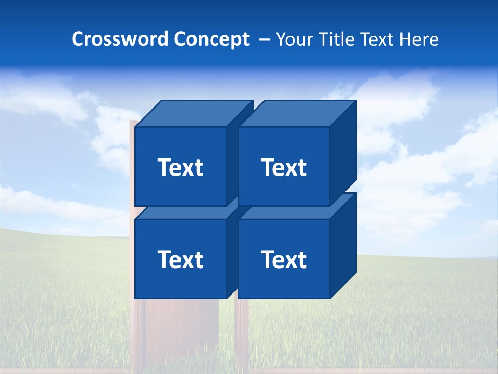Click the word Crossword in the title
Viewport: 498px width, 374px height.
tap(120, 39)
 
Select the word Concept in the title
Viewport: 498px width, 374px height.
tap(211, 39)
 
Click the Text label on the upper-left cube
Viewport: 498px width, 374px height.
tap(180, 167)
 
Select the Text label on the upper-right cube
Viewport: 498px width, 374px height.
tap(284, 167)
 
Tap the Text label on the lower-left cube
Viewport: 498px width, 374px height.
tap(180, 259)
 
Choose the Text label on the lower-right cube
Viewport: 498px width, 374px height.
tap(284, 259)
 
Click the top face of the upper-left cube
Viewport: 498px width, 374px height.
tap(193, 114)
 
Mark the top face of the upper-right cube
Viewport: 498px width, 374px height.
tap(297, 114)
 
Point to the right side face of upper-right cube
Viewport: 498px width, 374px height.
tap(343, 153)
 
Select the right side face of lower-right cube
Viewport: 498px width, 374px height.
tap(343, 245)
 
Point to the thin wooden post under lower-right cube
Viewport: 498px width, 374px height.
tap(242, 332)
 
